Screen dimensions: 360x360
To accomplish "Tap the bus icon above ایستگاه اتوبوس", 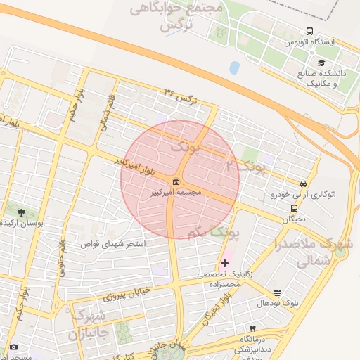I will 309,32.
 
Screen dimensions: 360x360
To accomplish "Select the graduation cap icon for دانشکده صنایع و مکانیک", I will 311,63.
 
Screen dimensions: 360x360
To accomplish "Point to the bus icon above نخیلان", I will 294,207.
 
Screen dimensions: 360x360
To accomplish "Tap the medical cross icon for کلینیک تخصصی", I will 224,262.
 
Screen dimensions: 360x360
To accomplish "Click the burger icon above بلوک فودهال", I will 277,292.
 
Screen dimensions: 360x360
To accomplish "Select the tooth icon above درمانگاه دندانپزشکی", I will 252,328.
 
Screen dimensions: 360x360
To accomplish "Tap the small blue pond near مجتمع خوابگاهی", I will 234,67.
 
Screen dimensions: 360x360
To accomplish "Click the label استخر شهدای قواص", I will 136,245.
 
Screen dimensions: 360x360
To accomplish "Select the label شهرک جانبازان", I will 86,323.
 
